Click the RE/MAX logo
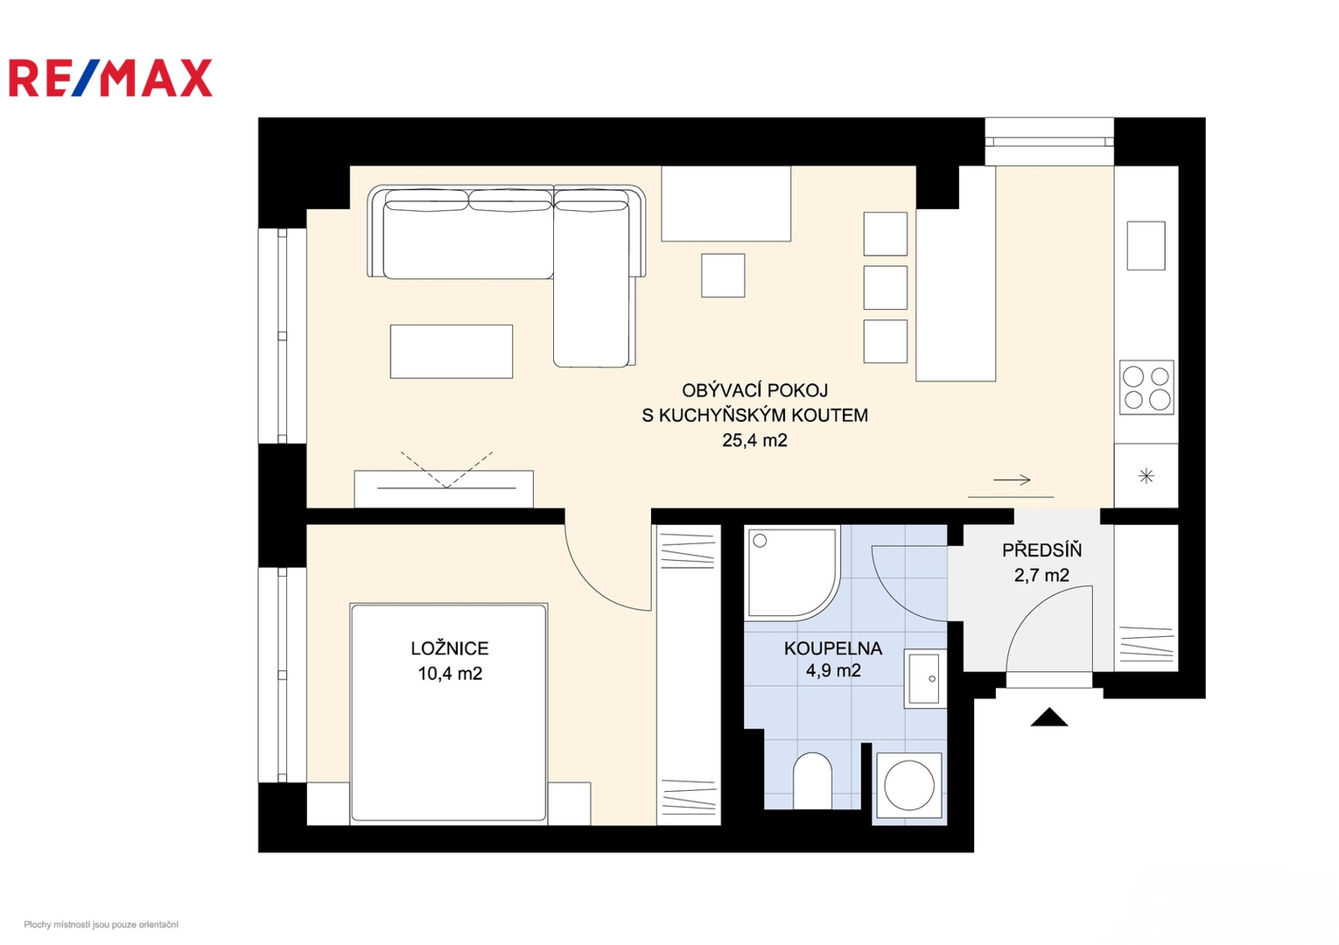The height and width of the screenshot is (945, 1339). pyautogui.click(x=110, y=78)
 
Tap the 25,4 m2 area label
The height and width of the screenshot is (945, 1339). pyautogui.click(x=754, y=440)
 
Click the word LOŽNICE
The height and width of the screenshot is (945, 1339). pyautogui.click(x=450, y=647)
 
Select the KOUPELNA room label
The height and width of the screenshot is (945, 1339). pyautogui.click(x=832, y=647)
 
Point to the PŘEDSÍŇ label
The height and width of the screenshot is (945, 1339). pyautogui.click(x=1041, y=549)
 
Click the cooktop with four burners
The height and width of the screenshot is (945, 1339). pyautogui.click(x=1146, y=388)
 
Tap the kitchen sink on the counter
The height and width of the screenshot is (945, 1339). pyautogui.click(x=1146, y=246)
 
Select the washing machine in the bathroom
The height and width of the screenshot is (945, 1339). pyautogui.click(x=909, y=786)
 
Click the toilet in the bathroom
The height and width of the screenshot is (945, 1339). pyautogui.click(x=812, y=780)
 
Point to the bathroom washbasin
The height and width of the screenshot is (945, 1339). pyautogui.click(x=924, y=678)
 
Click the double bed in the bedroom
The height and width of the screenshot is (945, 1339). pyautogui.click(x=449, y=714)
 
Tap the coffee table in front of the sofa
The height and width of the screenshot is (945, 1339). pyautogui.click(x=452, y=352)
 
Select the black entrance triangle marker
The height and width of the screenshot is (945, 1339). pyautogui.click(x=1049, y=717)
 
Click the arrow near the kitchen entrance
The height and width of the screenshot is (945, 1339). pyautogui.click(x=1012, y=479)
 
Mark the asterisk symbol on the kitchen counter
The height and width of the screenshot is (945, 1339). pyautogui.click(x=1146, y=476)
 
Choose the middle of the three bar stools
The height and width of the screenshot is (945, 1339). pyautogui.click(x=886, y=288)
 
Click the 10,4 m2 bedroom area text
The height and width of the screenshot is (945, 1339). pyautogui.click(x=450, y=674)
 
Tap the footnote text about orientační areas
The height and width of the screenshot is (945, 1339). pyautogui.click(x=101, y=925)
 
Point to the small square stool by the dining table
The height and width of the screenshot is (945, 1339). pyautogui.click(x=723, y=276)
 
